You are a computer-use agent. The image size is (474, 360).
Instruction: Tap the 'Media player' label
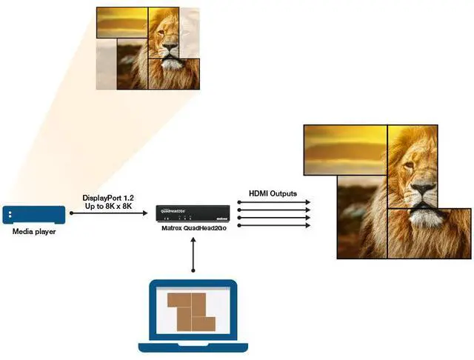tap(33, 232)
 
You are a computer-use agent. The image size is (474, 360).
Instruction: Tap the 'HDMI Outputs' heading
tap(273, 193)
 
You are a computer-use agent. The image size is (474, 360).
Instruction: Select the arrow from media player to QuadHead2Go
tap(111, 213)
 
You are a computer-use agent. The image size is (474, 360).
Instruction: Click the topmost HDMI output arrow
tap(273, 201)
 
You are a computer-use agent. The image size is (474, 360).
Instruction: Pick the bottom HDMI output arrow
tap(273, 224)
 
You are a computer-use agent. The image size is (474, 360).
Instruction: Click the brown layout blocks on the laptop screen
tap(188, 310)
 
